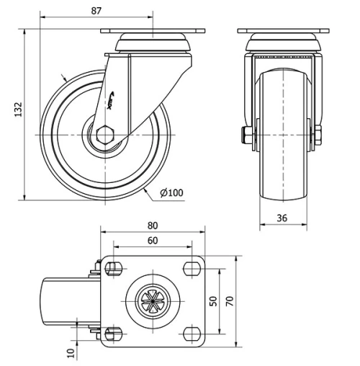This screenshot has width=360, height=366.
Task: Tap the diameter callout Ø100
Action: [171, 192]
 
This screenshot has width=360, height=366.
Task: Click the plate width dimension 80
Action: [153, 225]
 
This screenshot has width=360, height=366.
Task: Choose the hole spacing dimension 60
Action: [153, 241]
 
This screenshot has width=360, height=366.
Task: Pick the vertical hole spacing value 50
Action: [213, 300]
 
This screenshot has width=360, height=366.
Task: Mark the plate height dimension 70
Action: [230, 300]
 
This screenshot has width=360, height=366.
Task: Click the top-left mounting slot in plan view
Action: [112, 269]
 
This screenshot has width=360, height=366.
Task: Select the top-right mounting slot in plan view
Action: [192, 269]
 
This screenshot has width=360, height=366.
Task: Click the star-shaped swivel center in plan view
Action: [152, 301]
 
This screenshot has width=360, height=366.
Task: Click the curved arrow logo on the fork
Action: [116, 103]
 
